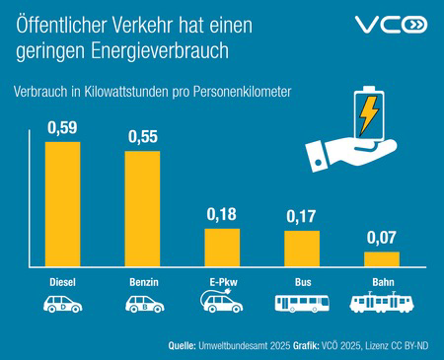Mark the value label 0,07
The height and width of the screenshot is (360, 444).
[381, 238]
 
